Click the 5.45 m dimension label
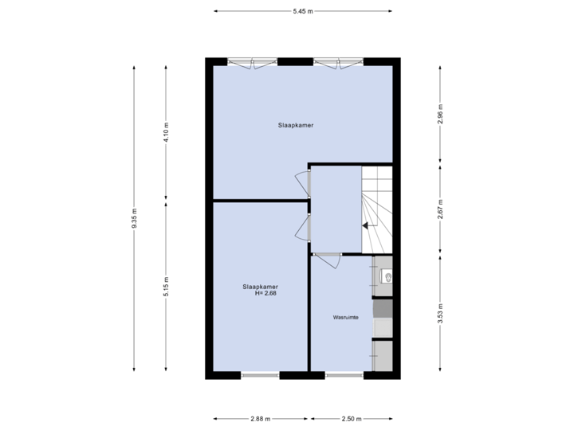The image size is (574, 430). click(x=303, y=11)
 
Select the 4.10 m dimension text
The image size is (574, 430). click(x=166, y=131)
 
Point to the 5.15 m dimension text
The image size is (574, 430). click(x=166, y=287)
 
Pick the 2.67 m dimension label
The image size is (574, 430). click(x=440, y=209)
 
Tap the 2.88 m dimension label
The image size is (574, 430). click(x=261, y=419)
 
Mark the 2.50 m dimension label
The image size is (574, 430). click(x=352, y=419)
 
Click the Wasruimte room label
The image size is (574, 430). click(x=345, y=317)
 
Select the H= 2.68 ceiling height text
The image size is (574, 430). click(x=265, y=293)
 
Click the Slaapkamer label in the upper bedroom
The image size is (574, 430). click(x=296, y=126)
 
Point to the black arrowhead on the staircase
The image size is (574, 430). click(x=366, y=225)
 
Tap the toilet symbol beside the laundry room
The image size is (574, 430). click(x=387, y=276)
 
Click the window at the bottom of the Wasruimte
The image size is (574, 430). click(x=344, y=374)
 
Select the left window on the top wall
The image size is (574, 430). click(x=253, y=62)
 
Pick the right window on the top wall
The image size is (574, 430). click(x=337, y=62)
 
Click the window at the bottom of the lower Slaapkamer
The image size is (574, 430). click(x=261, y=374)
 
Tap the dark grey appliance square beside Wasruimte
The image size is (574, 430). click(x=383, y=308)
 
